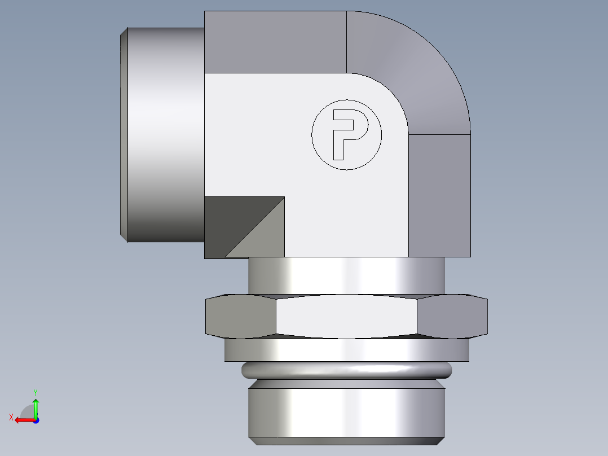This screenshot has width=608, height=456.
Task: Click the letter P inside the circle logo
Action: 346,133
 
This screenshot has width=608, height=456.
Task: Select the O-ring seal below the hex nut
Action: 346,370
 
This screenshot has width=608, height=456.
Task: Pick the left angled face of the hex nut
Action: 241,316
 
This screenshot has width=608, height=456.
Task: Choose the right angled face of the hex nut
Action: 452,316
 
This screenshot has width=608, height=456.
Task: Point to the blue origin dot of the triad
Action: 36,420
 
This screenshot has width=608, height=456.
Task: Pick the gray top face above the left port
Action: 275,42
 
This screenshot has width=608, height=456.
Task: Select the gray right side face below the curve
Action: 439,195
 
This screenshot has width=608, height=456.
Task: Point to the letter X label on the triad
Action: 11,417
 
